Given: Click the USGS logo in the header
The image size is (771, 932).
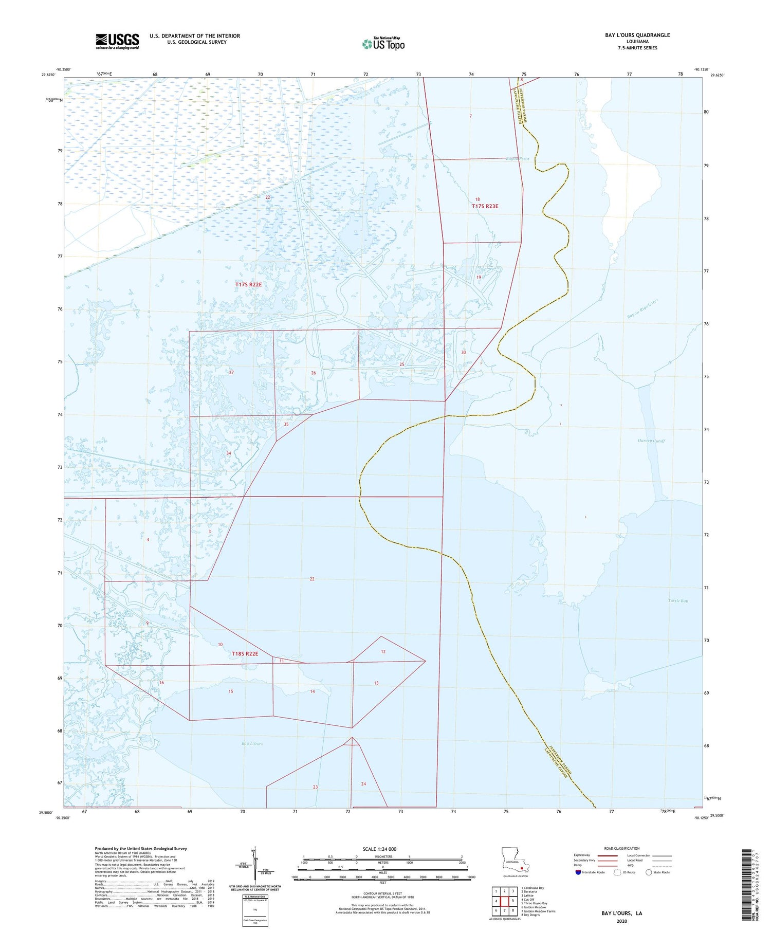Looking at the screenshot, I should [117, 41].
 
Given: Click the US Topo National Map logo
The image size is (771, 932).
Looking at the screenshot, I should [383, 44].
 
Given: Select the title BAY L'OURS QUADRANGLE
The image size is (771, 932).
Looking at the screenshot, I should [637, 35].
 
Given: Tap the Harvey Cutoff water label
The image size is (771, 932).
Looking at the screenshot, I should [651, 441].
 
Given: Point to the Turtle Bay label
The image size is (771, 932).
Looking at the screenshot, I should [678, 600].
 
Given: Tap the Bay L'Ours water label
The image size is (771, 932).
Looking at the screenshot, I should [252, 744].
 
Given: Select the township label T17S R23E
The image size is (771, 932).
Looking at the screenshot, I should [485, 206].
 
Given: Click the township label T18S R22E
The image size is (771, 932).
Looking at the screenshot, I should [245, 653].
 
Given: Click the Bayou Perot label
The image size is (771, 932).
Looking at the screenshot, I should [517, 159].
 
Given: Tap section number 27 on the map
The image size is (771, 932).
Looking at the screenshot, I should [231, 372].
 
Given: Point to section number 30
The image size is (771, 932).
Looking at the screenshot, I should [463, 352].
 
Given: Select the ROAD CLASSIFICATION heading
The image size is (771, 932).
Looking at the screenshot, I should [622, 848].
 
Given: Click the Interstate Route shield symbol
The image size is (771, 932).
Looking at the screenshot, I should [578, 872].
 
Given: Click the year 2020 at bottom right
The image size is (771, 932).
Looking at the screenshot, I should [621, 921].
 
